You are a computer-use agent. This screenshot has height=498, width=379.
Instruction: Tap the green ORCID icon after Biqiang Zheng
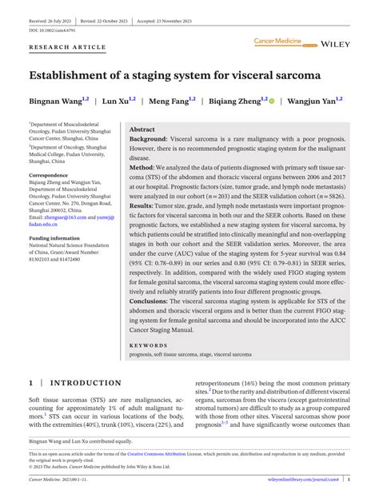[272, 102]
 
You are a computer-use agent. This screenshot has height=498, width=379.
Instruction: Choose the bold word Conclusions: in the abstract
[152, 303]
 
